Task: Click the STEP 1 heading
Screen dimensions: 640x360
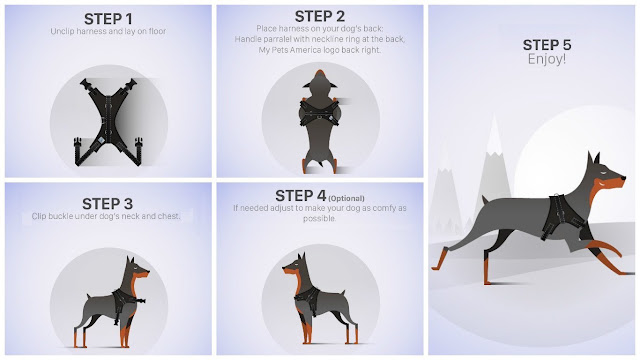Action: click(x=108, y=19)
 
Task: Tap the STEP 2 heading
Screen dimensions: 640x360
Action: click(x=320, y=16)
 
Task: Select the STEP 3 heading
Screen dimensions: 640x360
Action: click(x=107, y=203)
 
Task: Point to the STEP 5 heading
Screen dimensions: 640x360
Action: click(x=547, y=44)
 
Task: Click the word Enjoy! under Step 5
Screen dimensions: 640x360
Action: click(x=547, y=59)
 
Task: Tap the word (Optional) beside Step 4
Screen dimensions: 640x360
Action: click(x=346, y=198)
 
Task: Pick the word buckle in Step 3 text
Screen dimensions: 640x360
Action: click(x=62, y=216)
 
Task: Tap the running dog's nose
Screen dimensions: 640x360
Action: click(x=623, y=178)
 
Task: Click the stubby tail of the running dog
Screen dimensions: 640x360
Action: click(x=485, y=200)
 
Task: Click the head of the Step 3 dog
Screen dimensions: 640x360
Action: click(x=137, y=269)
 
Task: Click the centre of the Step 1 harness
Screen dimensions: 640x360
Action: click(x=108, y=121)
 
